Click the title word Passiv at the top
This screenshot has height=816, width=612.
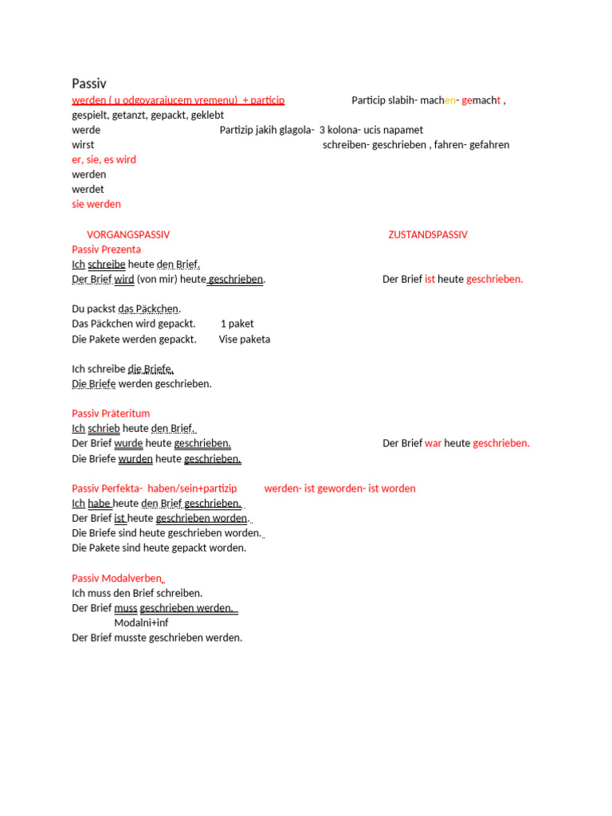click(x=89, y=84)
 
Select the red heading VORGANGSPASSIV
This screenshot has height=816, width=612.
click(x=128, y=235)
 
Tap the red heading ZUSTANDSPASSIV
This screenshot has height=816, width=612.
click(x=428, y=235)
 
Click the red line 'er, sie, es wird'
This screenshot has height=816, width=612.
click(x=104, y=160)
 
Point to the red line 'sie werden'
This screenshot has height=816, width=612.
click(x=96, y=205)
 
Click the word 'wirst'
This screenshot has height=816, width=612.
click(x=83, y=145)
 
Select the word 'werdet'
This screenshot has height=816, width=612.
click(x=88, y=190)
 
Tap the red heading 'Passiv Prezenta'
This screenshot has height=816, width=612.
click(x=106, y=249)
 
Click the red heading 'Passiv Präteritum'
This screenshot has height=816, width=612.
click(x=111, y=414)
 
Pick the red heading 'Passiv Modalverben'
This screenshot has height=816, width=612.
click(x=117, y=579)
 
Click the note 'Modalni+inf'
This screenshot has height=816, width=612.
click(x=141, y=623)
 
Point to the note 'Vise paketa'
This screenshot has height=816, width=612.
click(x=245, y=339)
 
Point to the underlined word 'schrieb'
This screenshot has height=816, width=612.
click(x=104, y=429)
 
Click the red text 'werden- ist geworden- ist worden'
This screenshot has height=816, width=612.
click(x=339, y=488)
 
